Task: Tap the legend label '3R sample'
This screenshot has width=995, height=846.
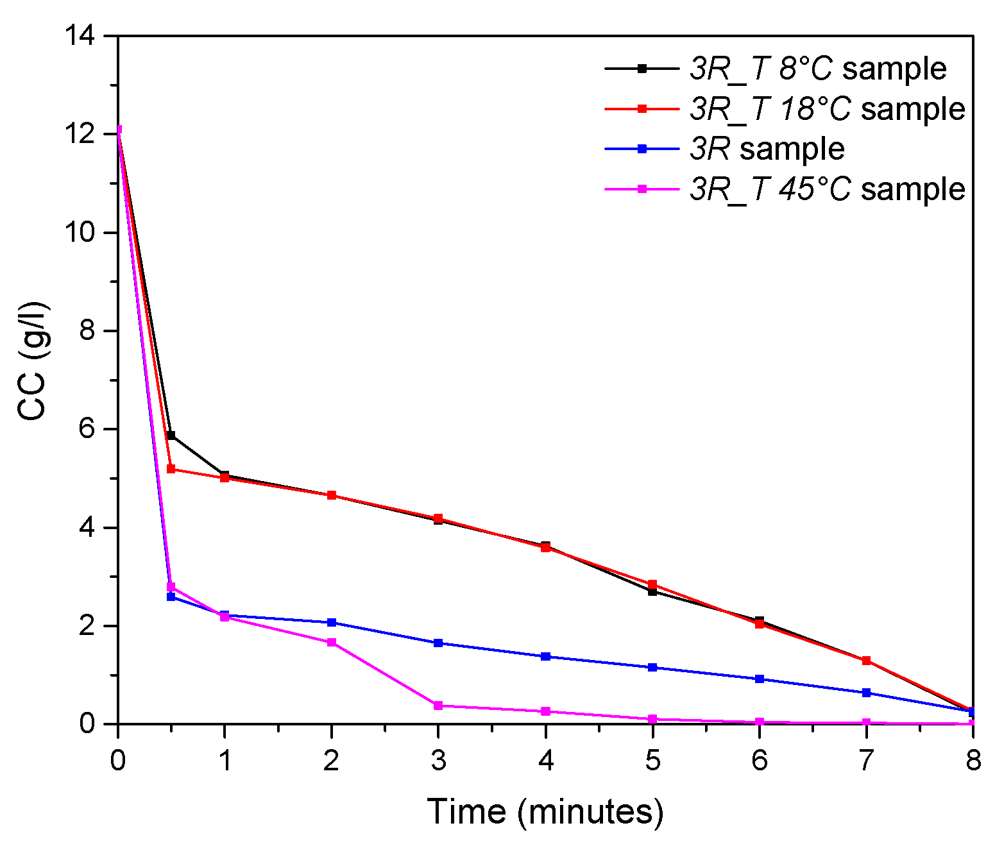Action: coord(767,149)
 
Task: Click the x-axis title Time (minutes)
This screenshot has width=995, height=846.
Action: coord(545,811)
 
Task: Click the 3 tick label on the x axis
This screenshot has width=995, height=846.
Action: coord(438,761)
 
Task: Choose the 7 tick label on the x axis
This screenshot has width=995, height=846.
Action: coord(866,761)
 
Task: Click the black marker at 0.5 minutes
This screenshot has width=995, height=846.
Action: coord(171,436)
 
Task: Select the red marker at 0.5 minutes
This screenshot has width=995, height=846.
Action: coord(171,469)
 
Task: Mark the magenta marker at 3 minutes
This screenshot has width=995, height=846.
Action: coord(438,706)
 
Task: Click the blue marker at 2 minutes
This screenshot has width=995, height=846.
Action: coord(332,622)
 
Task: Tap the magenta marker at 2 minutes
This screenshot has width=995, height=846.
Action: coord(332,642)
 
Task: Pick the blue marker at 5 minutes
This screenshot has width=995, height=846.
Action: coord(652,668)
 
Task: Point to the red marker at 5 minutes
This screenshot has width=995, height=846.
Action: coord(652,584)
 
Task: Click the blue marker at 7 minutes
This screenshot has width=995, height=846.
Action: coord(866,693)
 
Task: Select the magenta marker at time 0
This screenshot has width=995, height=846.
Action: coord(118,130)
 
